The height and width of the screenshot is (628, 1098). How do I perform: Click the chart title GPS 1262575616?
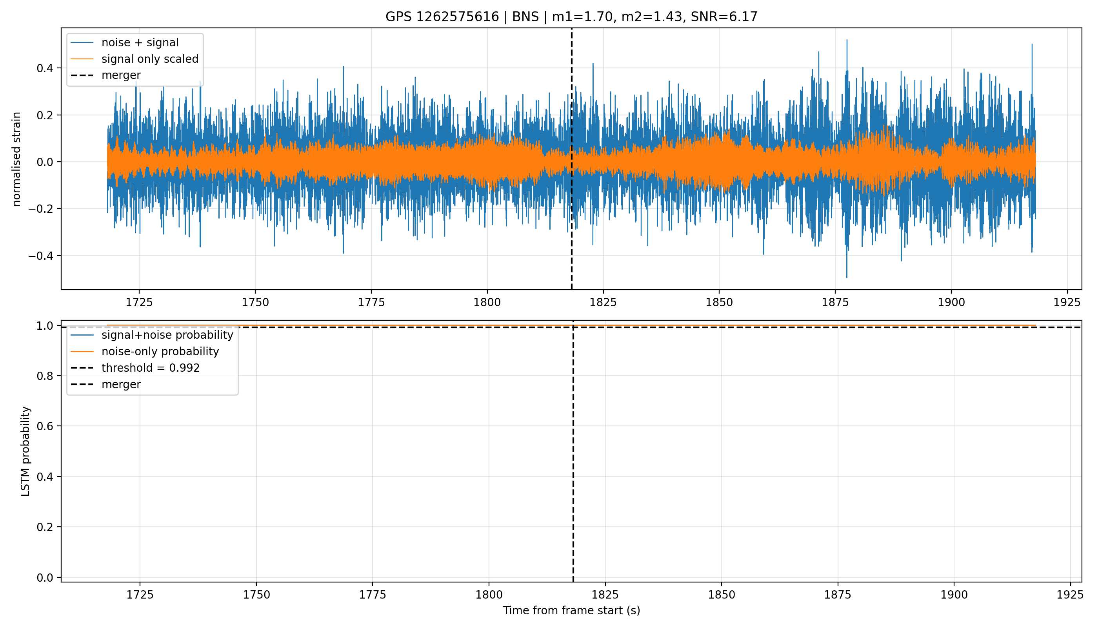[x=442, y=17]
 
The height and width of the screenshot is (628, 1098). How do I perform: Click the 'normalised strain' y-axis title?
[x=16, y=159]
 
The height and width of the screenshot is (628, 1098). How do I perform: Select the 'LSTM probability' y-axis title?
[x=26, y=451]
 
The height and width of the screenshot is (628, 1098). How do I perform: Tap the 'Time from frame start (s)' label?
[x=571, y=610]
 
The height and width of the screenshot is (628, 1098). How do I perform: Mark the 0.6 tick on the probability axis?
[x=45, y=426]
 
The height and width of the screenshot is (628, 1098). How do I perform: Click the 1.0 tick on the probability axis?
[x=45, y=326]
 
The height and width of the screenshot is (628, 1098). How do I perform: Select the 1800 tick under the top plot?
[x=487, y=302]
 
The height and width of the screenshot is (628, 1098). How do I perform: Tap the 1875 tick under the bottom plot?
[x=838, y=595]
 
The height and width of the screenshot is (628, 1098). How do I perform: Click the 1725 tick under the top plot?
[x=139, y=302]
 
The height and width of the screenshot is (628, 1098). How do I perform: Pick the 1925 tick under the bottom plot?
[x=1071, y=595]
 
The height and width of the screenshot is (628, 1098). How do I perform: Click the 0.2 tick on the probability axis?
[x=45, y=527]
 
